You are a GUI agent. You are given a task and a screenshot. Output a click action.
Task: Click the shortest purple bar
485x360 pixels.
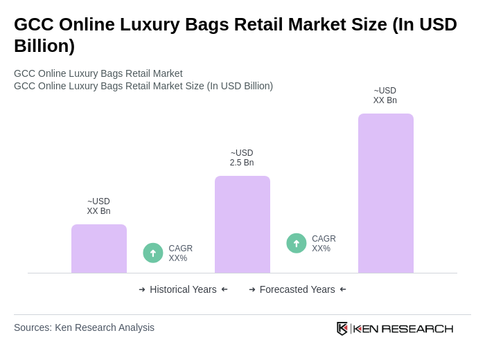pos(99,249)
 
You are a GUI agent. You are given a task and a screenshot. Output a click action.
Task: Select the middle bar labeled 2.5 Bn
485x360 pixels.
pos(242,224)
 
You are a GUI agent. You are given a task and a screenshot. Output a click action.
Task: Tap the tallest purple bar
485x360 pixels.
pos(386,193)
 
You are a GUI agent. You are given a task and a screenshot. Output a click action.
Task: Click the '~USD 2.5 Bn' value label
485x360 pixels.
pos(242,158)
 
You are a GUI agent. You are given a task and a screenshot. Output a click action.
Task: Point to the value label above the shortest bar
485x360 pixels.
pos(98,206)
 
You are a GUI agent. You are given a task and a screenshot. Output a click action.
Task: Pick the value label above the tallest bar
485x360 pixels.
pos(385,96)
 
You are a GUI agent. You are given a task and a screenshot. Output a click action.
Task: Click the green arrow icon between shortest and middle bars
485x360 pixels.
pos(153,253)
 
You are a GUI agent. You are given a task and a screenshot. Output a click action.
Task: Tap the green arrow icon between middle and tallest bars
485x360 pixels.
pos(297,244)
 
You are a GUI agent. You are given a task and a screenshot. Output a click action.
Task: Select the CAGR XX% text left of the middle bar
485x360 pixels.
pos(180,253)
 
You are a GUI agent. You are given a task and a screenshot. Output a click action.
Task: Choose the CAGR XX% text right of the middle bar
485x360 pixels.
pos(324,244)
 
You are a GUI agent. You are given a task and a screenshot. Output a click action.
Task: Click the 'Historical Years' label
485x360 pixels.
pos(183,289)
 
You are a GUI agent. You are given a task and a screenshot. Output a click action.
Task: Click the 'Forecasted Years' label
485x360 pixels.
pos(297,289)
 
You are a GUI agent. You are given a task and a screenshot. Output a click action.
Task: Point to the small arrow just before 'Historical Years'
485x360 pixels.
pos(142,289)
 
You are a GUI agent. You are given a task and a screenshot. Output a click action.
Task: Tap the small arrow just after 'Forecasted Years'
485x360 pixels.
pos(343,289)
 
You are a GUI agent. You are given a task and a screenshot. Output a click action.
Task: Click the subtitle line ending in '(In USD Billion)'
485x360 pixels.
pos(143,86)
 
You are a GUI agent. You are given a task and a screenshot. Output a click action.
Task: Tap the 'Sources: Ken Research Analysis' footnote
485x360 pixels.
pos(84,327)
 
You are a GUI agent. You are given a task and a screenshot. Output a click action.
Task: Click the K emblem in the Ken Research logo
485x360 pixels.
pos(342,328)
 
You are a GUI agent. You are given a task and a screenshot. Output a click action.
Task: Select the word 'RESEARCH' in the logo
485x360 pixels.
pos(417,328)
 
